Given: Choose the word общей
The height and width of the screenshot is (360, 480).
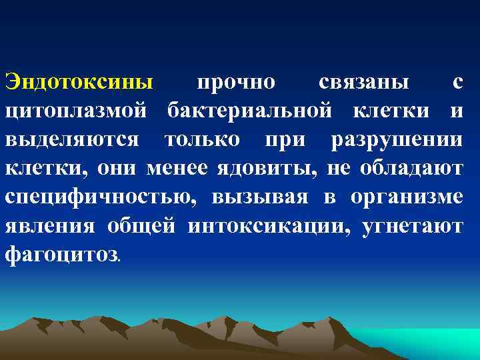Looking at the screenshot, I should coord(141,226).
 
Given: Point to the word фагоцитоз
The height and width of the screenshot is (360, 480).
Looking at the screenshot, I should coord(61,255).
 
